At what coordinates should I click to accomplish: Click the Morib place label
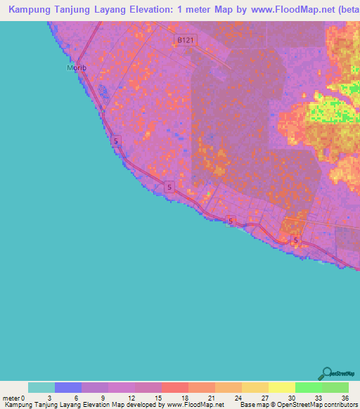(x=75, y=67)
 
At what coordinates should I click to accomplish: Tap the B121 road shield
(x=185, y=41)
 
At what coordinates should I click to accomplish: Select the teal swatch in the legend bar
(x=41, y=387)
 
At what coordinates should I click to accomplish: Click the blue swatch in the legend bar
(x=68, y=387)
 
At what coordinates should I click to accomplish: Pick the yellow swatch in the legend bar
(x=282, y=387)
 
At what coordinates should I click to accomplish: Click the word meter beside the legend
(x=11, y=397)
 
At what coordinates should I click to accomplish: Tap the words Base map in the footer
(x=254, y=405)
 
